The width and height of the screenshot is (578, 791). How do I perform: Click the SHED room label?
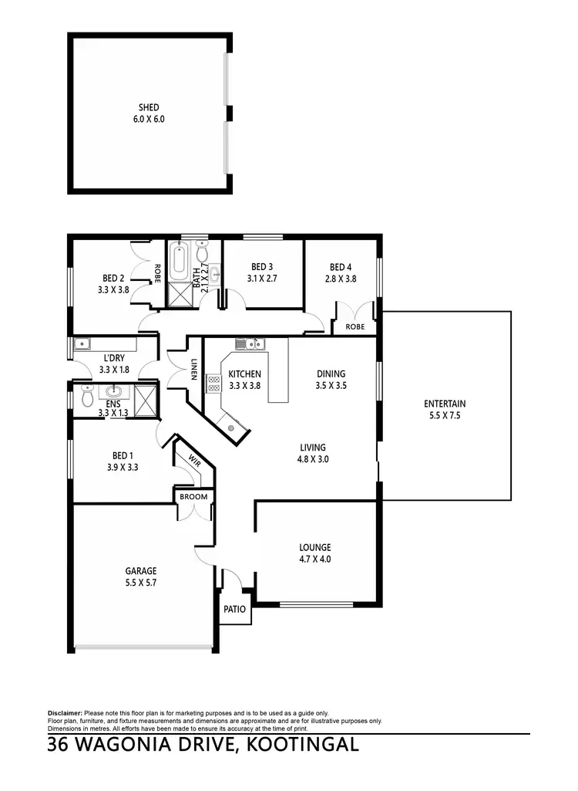coord(149,108)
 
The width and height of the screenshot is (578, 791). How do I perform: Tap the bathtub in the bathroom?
coord(179,261)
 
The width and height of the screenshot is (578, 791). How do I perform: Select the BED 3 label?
coord(261,267)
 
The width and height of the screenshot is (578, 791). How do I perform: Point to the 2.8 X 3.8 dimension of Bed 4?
coord(341,279)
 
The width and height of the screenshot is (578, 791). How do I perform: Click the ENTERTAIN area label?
coord(445,404)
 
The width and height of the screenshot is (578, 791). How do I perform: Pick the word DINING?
coord(331,374)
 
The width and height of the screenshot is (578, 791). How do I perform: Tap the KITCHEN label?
coord(245,374)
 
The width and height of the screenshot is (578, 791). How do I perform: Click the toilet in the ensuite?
coord(86,397)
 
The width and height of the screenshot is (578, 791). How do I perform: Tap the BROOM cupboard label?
coord(193,496)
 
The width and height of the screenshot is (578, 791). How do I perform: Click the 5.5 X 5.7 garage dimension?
coord(141,583)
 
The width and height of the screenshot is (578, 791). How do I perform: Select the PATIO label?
coord(234,609)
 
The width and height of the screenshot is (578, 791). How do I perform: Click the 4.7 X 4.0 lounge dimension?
coord(314,559)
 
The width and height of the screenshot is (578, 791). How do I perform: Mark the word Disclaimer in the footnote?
coord(65,712)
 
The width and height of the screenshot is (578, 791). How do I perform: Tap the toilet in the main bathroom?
coord(202,252)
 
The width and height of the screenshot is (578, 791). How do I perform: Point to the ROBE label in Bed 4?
coord(355,326)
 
